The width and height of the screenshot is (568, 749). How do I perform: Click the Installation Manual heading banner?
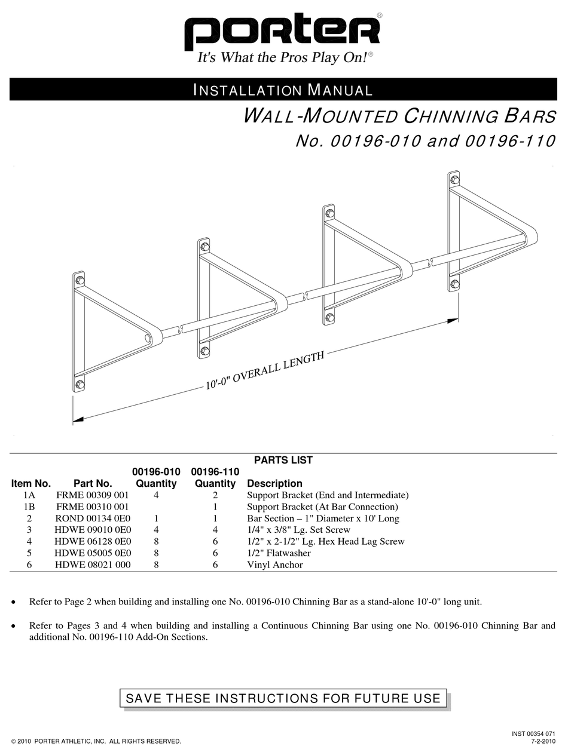[x=283, y=90]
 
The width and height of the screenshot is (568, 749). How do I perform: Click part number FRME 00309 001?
[x=92, y=495]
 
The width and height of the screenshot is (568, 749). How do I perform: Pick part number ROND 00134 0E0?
[x=92, y=518]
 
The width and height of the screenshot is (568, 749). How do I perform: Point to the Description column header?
[x=274, y=483]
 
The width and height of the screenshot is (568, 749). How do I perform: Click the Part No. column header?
[x=93, y=483]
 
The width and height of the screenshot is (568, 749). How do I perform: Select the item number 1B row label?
[x=29, y=507]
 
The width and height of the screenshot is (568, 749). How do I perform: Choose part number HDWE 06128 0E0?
[x=92, y=542]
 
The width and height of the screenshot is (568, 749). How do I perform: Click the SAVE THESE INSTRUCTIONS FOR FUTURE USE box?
[x=283, y=698]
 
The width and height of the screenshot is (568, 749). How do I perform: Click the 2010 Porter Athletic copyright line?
[x=96, y=741]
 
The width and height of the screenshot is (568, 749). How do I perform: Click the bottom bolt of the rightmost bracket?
[x=454, y=284]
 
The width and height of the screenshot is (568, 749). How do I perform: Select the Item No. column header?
[x=31, y=483]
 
